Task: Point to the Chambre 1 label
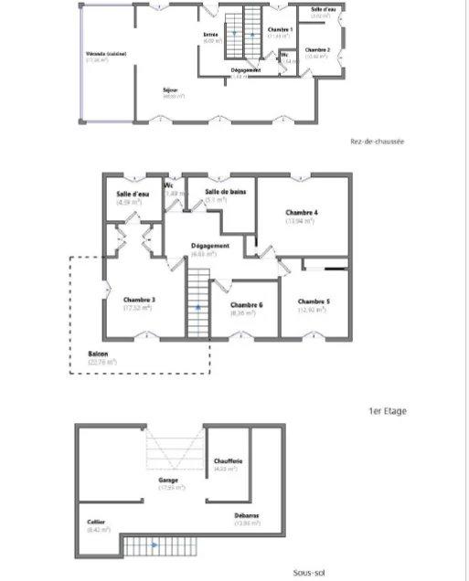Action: (280, 30)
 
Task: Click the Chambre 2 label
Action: (317, 49)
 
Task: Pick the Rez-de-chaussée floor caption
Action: (377, 142)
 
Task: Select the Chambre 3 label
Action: (138, 300)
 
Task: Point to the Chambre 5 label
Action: (314, 301)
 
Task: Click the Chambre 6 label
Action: (246, 305)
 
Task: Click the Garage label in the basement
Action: (168, 480)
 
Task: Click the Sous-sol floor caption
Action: (309, 573)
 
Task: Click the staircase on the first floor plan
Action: (198, 297)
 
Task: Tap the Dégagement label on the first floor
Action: (209, 246)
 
